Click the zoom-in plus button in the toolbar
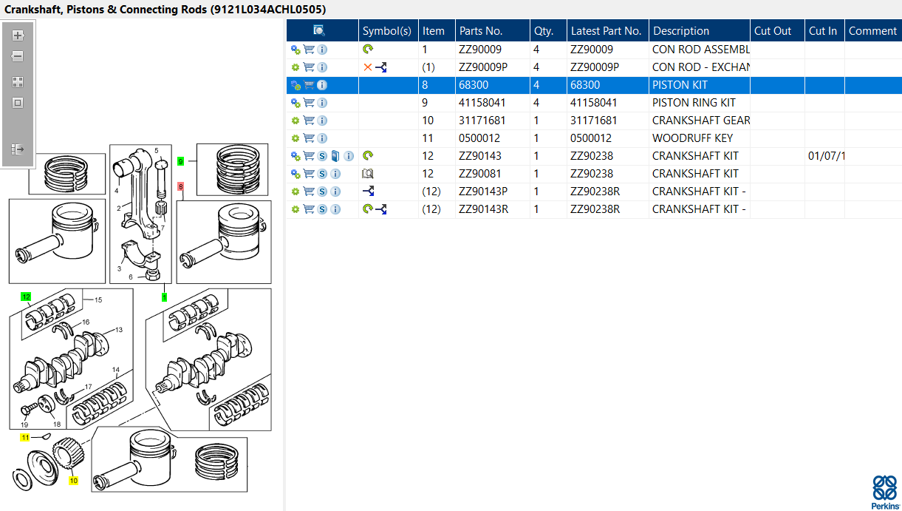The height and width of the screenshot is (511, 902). (x=17, y=35)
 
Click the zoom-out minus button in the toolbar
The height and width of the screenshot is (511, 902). (x=17, y=56)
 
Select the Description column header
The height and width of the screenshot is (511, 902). (x=681, y=31)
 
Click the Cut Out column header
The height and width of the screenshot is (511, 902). (x=772, y=31)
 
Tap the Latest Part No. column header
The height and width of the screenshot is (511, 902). (x=606, y=31)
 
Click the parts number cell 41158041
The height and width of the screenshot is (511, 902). (x=482, y=103)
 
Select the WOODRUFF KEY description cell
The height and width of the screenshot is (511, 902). (x=693, y=138)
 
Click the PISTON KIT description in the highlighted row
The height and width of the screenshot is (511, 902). (x=680, y=85)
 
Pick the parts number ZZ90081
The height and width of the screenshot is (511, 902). (x=480, y=174)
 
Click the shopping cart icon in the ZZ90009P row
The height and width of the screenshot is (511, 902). (x=309, y=67)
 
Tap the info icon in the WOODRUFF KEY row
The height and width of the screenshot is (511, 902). (x=322, y=138)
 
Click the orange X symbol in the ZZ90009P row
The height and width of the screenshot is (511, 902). (x=368, y=67)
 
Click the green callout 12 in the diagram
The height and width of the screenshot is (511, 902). (x=26, y=297)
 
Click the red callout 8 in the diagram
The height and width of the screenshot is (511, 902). (x=181, y=186)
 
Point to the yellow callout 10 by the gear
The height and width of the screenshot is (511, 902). (x=73, y=481)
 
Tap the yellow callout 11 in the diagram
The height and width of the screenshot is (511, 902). (x=25, y=437)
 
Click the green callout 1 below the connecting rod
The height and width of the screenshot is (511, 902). (x=164, y=297)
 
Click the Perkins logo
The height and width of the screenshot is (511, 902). (x=885, y=493)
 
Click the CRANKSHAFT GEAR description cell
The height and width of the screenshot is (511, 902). (x=701, y=121)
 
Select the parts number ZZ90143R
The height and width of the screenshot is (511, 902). (x=484, y=209)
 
